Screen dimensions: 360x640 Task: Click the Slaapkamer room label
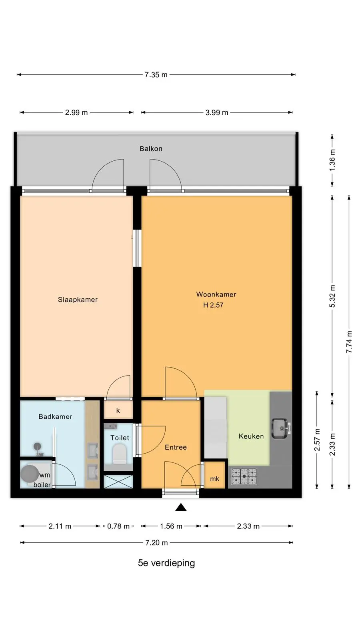coord(78,300)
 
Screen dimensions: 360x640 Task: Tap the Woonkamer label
coord(216,294)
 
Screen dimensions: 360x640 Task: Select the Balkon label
coord(151,148)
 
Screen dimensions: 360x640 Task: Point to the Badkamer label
coord(56,416)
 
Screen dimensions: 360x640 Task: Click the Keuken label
coord(251,436)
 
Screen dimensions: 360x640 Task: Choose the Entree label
coord(176,448)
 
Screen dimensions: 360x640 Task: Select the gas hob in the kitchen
coord(244,476)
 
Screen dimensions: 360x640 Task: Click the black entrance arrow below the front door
coord(181,507)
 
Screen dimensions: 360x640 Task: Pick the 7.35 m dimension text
coord(156,75)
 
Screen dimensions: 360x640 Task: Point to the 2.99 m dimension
coord(76,112)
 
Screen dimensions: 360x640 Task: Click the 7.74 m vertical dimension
coord(349,342)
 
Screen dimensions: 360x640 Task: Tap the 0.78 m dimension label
coord(118,526)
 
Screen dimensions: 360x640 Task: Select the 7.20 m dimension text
coord(156,543)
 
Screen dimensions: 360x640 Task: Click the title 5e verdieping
coord(166,563)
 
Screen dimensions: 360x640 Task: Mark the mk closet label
coord(214,479)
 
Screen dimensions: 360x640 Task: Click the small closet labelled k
coord(118,410)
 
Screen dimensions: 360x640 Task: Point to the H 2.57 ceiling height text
coord(213,305)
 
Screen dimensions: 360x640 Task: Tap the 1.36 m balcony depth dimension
coord(332,160)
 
